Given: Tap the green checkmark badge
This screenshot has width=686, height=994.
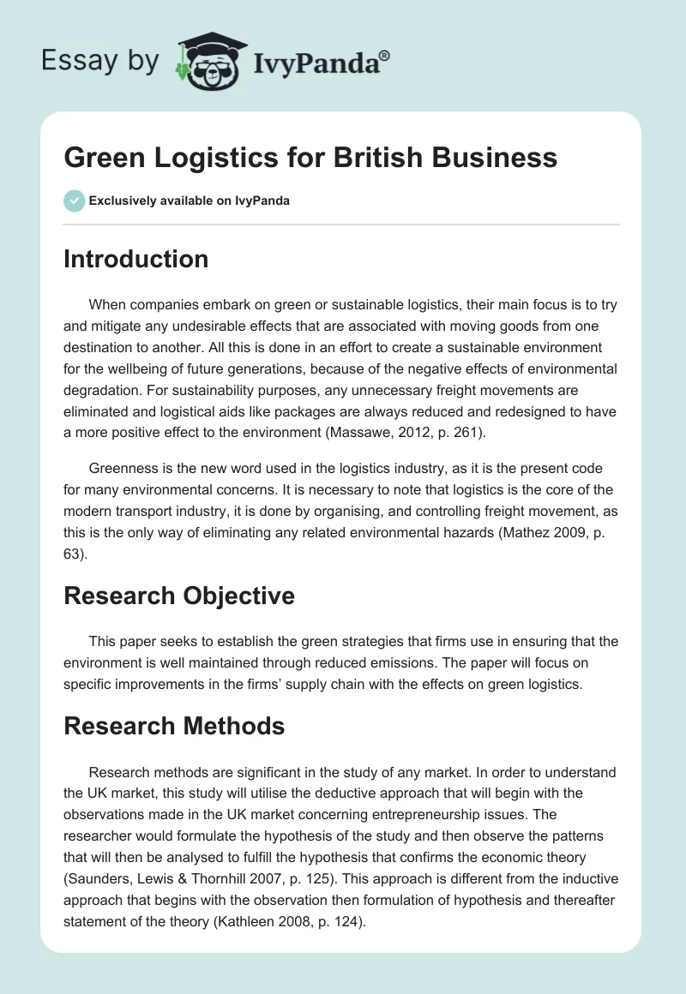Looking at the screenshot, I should click(x=74, y=201).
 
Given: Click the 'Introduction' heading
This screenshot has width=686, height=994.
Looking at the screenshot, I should click(x=135, y=259).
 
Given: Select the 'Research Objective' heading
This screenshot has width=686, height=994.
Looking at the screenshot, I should click(x=178, y=596).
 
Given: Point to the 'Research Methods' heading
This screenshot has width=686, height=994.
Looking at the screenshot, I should click(x=174, y=726).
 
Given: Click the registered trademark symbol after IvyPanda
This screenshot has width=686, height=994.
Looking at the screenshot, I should click(x=385, y=55).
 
